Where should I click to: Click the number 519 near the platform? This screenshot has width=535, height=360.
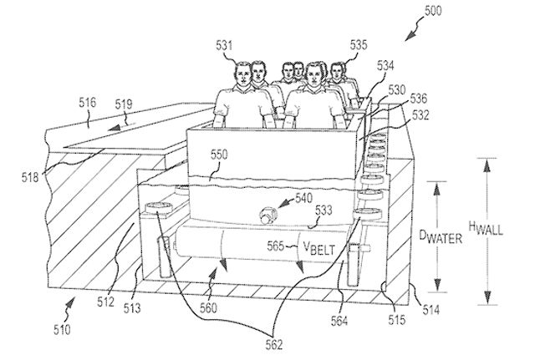124,105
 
